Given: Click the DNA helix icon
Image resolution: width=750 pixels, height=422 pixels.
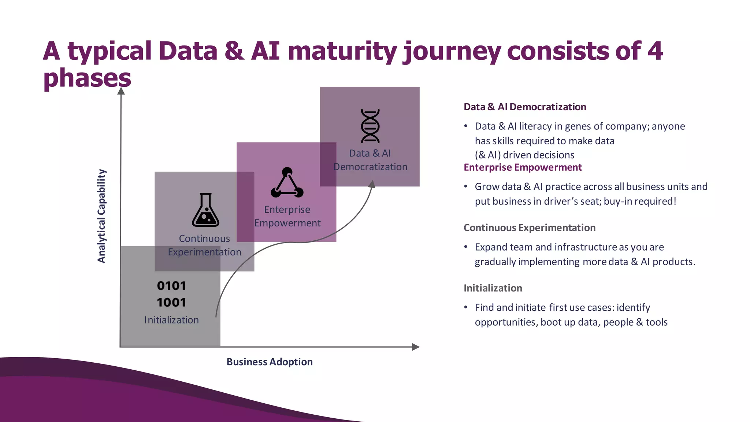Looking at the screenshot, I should coord(370,126).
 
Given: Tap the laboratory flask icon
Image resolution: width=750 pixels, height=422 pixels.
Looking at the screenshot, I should coord(205,210).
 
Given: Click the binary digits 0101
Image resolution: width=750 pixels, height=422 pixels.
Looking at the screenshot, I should coord(171,286).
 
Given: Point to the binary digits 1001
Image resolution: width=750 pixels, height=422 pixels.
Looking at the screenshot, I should coord(171,303).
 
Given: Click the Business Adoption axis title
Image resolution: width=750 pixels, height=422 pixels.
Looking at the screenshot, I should coord(270,362).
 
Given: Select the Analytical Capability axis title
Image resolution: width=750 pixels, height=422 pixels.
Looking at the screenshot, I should coord(101,216).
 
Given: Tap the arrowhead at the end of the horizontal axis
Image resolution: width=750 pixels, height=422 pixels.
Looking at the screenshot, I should coord(416,347).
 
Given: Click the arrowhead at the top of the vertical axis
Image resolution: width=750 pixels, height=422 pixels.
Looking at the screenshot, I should coord(121,91).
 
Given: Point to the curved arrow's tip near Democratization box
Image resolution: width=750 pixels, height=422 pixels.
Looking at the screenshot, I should coord(372,184).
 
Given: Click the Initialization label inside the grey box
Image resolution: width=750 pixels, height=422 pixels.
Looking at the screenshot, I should coord(171,320).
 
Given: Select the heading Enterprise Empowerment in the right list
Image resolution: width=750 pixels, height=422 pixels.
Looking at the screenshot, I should coord(522,167).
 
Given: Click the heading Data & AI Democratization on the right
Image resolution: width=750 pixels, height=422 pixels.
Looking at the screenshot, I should coord(524,107).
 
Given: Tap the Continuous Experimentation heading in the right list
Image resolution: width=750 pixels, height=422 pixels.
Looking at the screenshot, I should coord(529,228).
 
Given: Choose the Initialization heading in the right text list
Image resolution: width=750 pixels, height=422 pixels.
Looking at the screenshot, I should coord(493,288).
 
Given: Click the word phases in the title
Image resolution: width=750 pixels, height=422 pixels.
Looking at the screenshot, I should coord(87,78).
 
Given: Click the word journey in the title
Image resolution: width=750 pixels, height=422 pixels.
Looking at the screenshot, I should coord(452,51).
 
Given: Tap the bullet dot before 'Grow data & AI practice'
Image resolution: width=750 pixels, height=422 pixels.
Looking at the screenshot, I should coord(466,187).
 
